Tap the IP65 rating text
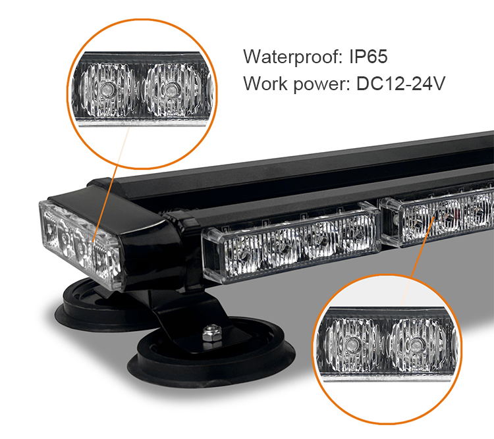pyautogui.click(x=369, y=57)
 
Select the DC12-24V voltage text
pyautogui.click(x=400, y=84)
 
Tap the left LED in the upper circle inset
pyautogui.click(x=107, y=90)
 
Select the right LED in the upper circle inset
pyautogui.click(x=171, y=90)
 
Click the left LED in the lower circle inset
pyautogui.click(x=352, y=344)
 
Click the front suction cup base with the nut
pyautogui.click(x=211, y=353)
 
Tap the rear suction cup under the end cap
pyautogui.click(x=94, y=307)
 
